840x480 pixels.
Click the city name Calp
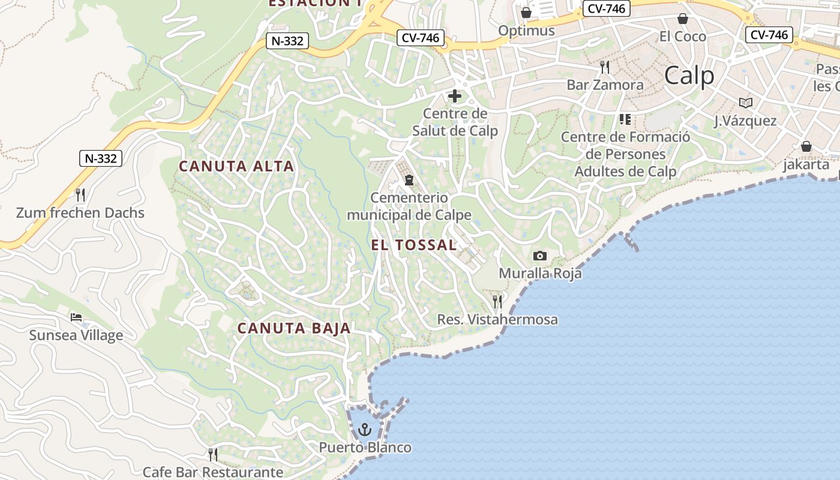coord(689,76)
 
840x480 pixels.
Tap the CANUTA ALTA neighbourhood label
coord(236,166)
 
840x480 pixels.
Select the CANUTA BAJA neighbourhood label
coord(294,328)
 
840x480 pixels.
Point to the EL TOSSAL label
coord(414,245)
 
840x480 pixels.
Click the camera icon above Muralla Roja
coord(540,256)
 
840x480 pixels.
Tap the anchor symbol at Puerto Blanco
coord(365,430)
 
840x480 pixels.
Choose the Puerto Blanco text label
coord(365,448)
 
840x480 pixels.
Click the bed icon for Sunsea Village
coord(76,317)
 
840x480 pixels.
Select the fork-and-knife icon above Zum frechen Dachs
coord(80,194)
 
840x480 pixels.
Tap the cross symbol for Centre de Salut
coord(455,96)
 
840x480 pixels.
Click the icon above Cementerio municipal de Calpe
coord(409,179)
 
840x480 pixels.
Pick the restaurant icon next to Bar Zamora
coord(605,67)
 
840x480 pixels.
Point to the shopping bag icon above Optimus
coord(526,13)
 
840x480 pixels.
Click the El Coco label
coord(682,37)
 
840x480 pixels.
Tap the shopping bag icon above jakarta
coord(806,146)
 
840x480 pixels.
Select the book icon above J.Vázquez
coord(746,103)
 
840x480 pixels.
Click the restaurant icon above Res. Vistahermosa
coord(497,301)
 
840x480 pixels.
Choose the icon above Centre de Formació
coord(625,119)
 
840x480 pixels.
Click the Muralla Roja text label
coord(540,274)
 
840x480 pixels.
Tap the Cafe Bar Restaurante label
coord(212,472)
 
